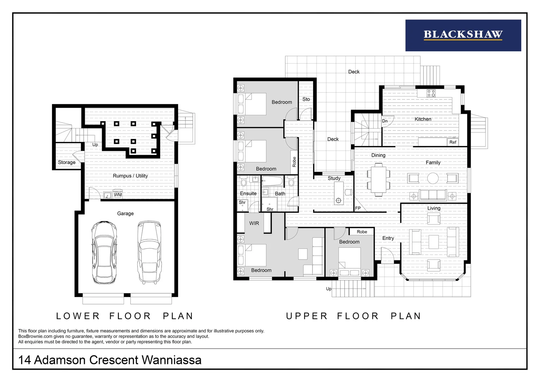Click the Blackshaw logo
(x=463, y=35)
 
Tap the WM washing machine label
(x=118, y=195)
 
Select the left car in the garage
(x=104, y=252)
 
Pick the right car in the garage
(x=149, y=252)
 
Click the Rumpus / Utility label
(x=130, y=176)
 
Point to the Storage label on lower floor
(x=66, y=162)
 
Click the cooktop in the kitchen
(x=431, y=93)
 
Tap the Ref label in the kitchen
(x=453, y=143)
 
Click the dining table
(x=378, y=180)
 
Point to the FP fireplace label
(x=358, y=208)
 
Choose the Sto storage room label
(x=306, y=99)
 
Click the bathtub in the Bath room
(x=272, y=181)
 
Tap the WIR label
(x=254, y=224)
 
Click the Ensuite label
(x=248, y=193)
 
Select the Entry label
(x=388, y=238)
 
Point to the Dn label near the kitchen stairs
(x=385, y=121)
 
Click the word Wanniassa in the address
(x=171, y=360)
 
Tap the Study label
(x=334, y=178)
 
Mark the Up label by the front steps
(x=329, y=289)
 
